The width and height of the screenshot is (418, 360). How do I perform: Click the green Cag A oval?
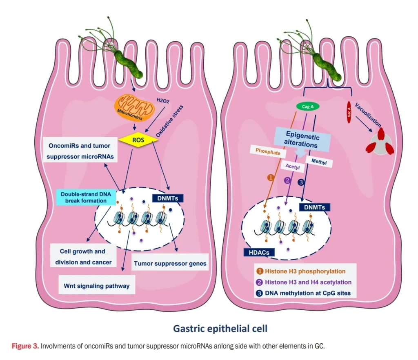(307, 107)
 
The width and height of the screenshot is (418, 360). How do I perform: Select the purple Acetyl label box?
(289, 167)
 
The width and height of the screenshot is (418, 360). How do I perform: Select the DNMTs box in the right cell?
(314, 207)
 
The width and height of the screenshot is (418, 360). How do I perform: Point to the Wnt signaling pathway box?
(97, 286)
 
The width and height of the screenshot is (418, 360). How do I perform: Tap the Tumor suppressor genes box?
(170, 263)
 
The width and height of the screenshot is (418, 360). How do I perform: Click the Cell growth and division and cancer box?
(82, 257)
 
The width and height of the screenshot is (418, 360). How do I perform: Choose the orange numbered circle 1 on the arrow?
(270, 178)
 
